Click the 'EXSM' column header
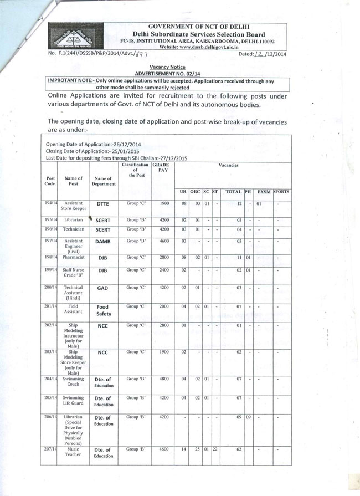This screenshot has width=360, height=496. (x=264, y=192)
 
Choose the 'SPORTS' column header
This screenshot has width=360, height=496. (x=281, y=192)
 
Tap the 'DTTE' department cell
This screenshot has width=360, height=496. (x=102, y=204)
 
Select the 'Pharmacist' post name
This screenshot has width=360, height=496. (x=74, y=258)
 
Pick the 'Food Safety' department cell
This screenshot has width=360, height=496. (x=103, y=310)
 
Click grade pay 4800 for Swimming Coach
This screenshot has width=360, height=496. (x=164, y=379)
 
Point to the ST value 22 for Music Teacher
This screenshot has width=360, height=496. (x=215, y=449)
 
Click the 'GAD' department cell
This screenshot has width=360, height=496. (x=102, y=288)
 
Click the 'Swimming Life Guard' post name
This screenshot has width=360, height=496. (x=74, y=401)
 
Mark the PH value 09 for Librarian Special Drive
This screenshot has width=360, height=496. (x=248, y=417)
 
